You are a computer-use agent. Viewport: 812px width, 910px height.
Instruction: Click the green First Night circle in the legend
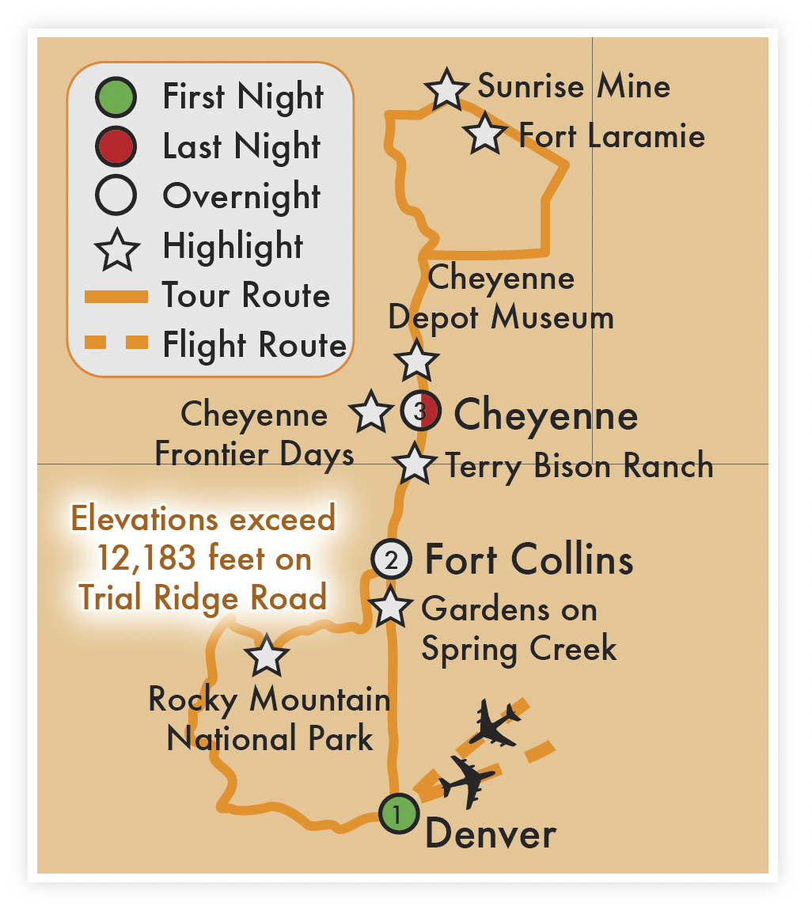pos(116,97)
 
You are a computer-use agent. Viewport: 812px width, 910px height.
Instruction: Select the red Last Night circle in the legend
pos(116,146)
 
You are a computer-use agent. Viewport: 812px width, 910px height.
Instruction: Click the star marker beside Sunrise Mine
pos(447,89)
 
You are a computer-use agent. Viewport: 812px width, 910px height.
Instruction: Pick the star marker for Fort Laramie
pos(485,134)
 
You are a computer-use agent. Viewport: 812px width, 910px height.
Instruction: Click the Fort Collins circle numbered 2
pos(391,559)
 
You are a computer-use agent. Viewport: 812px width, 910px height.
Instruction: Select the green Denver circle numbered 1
pos(397,813)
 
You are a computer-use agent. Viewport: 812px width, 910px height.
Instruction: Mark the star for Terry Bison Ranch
pos(415,464)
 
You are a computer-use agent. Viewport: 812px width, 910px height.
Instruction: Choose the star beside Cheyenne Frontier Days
pos(370,412)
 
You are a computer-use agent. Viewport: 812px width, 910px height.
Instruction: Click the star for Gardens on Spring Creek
pos(392,607)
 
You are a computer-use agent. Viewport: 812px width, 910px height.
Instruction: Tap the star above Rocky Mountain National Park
pos(266,655)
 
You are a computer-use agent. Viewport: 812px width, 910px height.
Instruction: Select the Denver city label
pos(491,834)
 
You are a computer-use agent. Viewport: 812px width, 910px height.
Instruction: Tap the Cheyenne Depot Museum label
pos(501,298)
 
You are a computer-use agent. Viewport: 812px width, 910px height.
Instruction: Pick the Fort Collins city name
pos(529,559)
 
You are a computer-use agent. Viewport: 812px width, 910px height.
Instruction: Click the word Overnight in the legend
pos(241,196)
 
